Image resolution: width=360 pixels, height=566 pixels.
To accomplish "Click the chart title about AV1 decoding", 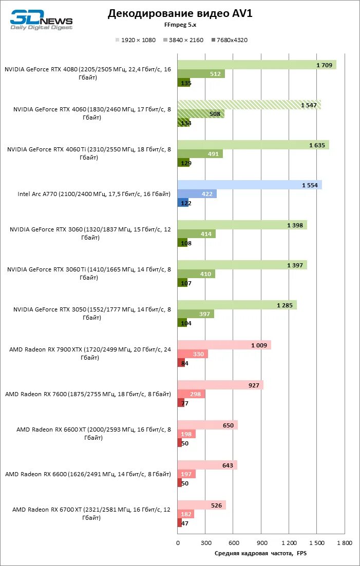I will click(180, 14).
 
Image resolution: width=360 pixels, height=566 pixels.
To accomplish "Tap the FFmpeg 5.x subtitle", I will click(180, 25).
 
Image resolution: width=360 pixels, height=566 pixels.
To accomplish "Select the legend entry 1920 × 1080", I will click(136, 40).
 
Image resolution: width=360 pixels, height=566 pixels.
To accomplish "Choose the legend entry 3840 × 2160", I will click(183, 40).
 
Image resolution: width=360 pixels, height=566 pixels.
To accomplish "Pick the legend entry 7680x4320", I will click(229, 40).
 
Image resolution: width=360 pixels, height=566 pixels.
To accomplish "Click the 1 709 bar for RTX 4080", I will click(257, 65).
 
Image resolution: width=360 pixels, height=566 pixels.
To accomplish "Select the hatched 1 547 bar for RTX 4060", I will click(249, 105).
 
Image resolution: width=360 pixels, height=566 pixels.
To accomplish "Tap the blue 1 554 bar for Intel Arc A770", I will click(250, 185).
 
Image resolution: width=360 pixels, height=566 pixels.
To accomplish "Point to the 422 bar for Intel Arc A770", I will click(197, 194).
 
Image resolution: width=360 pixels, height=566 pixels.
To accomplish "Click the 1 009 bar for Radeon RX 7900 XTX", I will click(224, 345).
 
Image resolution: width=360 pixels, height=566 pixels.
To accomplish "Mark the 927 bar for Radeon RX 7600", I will click(220, 385).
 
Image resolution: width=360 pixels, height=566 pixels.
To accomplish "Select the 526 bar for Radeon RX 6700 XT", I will click(202, 505).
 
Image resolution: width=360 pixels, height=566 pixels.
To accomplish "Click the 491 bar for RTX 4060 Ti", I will click(200, 154).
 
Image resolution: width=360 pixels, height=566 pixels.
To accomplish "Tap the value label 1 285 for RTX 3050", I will click(285, 305).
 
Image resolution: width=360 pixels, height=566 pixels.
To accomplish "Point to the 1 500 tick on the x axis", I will click(317, 542).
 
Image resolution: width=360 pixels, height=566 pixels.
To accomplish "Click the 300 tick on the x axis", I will click(205, 542).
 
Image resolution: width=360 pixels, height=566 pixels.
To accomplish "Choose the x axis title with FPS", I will click(260, 553).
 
